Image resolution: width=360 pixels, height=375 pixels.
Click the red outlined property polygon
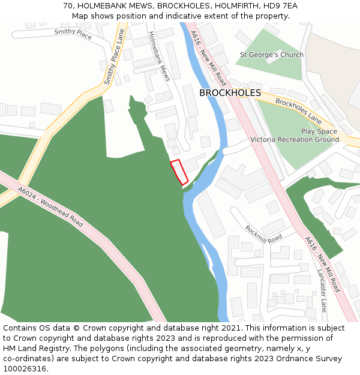(x=179, y=172)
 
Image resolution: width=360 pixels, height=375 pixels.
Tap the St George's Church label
(x=272, y=55)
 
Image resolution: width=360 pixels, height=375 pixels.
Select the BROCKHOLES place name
(x=230, y=93)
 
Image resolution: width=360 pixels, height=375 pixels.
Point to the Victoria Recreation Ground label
(x=295, y=140)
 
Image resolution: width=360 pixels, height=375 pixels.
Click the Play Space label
(x=319, y=131)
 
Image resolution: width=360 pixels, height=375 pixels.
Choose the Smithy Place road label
(x=73, y=35)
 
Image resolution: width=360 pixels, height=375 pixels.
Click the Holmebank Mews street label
(x=159, y=56)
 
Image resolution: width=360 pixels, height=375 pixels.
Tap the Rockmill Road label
(x=263, y=233)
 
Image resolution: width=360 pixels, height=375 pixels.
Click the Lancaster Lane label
(x=322, y=290)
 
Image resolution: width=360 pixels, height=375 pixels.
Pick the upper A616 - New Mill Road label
(x=208, y=58)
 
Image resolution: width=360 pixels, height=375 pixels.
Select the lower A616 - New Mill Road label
(x=322, y=264)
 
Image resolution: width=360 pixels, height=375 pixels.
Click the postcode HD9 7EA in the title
(x=280, y=6)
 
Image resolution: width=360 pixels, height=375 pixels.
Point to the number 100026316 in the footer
(x=25, y=368)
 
